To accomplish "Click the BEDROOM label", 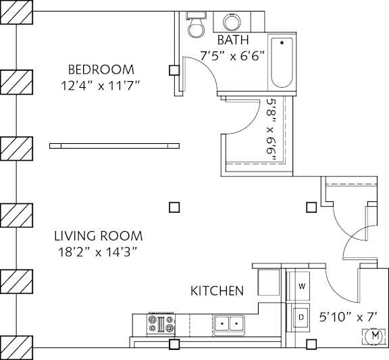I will pos(101,70).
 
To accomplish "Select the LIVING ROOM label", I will pos(98,236).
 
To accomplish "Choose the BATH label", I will pos(231,41).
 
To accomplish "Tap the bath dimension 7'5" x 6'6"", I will pos(232,56).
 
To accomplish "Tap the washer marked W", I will pos(302,286).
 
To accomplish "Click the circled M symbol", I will pos(373,335).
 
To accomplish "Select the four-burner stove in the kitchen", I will pos(161,324).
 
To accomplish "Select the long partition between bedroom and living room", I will pos(114,145).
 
